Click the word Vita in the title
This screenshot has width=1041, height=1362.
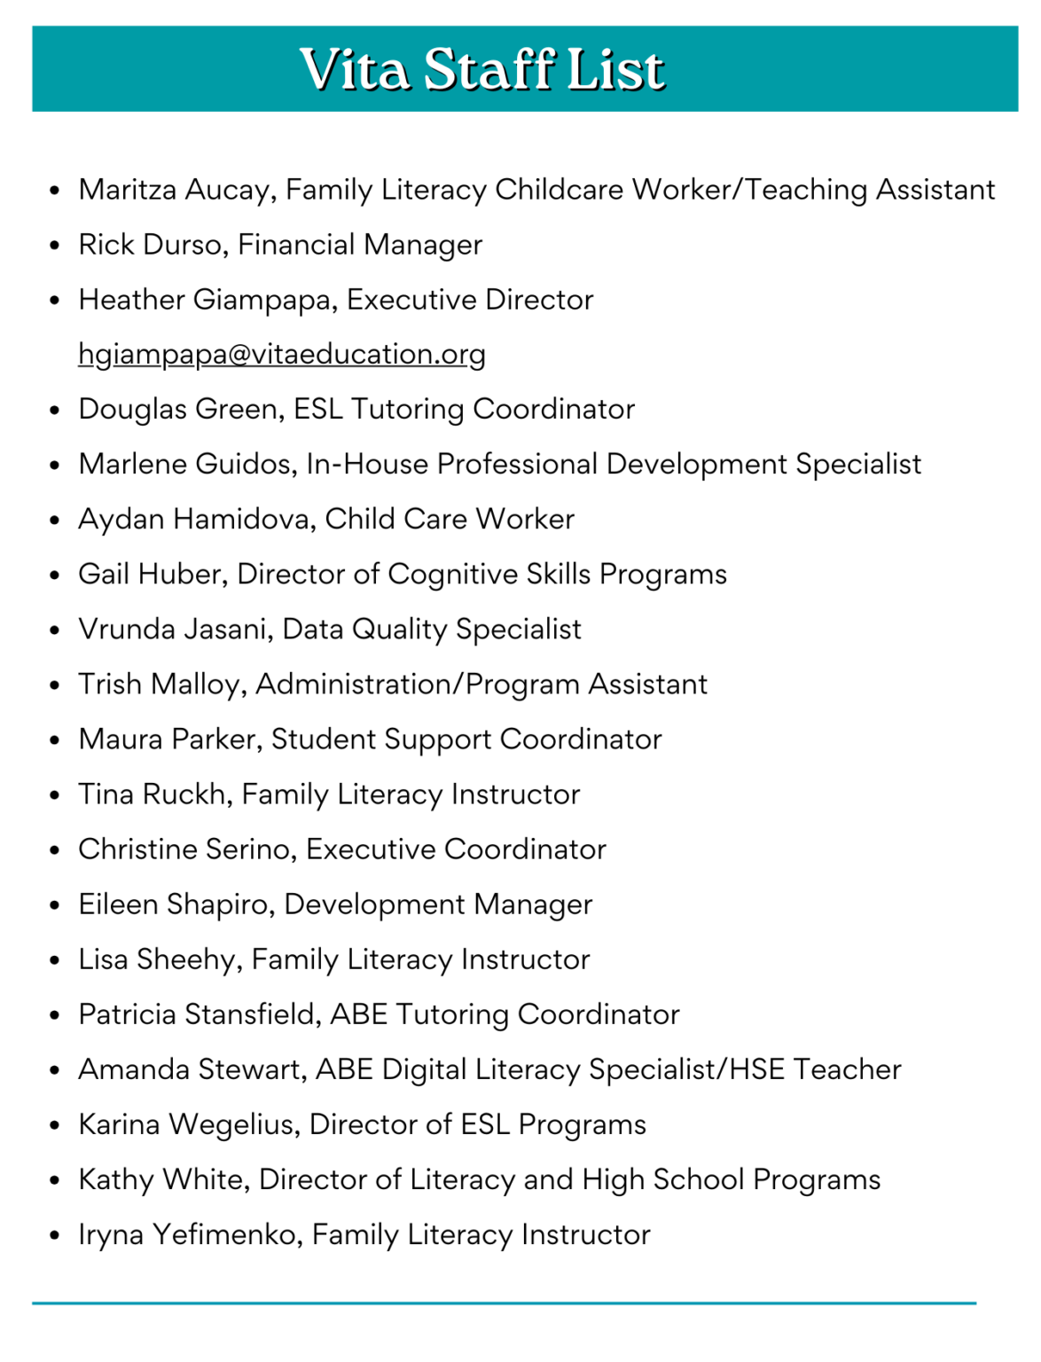(x=354, y=69)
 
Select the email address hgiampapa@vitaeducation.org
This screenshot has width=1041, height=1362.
(x=282, y=354)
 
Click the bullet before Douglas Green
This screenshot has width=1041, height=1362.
(x=55, y=411)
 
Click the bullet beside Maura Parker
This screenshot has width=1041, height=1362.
(x=55, y=740)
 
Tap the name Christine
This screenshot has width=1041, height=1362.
(x=137, y=849)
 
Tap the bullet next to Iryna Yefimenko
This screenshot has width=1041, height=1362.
(x=55, y=1236)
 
